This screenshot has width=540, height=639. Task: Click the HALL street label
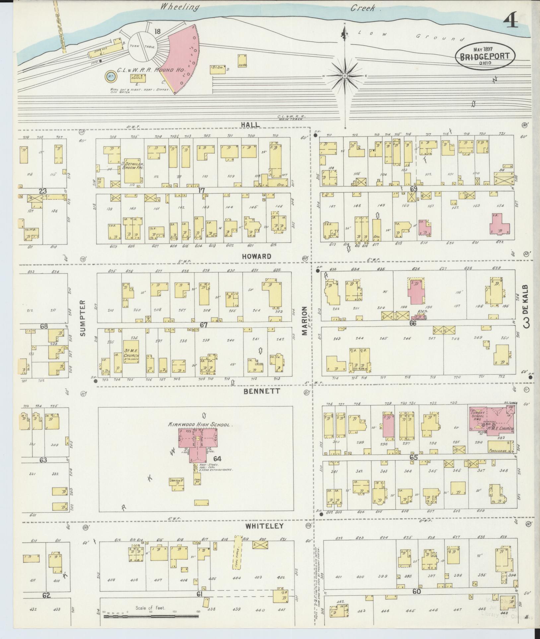(250, 124)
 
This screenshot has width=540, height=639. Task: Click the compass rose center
(345, 76)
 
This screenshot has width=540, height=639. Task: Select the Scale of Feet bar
(151, 616)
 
